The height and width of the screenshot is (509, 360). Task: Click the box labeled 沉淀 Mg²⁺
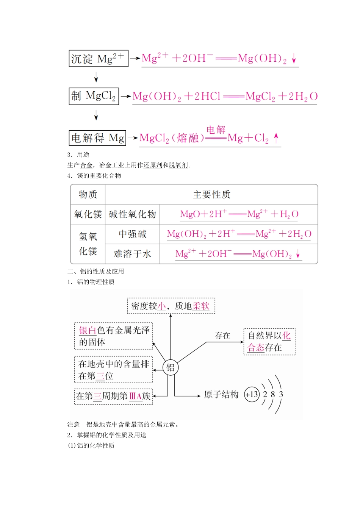click(x=98, y=59)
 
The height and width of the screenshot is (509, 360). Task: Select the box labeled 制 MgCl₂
click(x=94, y=96)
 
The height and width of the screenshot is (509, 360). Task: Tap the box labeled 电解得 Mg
click(x=97, y=138)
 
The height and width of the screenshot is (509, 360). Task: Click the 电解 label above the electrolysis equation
click(x=216, y=130)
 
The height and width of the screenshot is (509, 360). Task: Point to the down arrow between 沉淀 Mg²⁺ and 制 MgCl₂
click(x=96, y=77)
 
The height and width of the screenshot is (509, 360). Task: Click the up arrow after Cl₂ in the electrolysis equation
click(x=276, y=138)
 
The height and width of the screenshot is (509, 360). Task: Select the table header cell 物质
click(x=88, y=195)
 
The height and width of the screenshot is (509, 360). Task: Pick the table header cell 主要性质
click(x=211, y=195)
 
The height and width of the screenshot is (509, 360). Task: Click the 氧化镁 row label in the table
click(x=88, y=214)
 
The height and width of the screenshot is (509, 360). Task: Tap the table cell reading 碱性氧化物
click(x=132, y=214)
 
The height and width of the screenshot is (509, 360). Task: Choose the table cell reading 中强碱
click(x=132, y=234)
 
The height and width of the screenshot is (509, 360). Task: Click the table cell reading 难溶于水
click(x=132, y=254)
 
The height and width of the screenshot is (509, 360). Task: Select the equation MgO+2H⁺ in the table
click(x=239, y=214)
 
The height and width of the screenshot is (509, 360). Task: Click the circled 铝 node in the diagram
click(x=171, y=367)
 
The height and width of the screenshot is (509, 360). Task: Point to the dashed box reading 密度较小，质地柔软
click(x=171, y=306)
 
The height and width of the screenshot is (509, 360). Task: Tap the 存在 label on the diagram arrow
click(x=222, y=336)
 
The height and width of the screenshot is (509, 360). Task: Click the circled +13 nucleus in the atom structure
click(x=252, y=395)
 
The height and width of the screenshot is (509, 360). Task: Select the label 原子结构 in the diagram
click(x=221, y=395)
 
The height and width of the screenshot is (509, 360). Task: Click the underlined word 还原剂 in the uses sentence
click(x=153, y=165)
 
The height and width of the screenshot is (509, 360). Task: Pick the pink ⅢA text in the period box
click(x=135, y=396)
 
